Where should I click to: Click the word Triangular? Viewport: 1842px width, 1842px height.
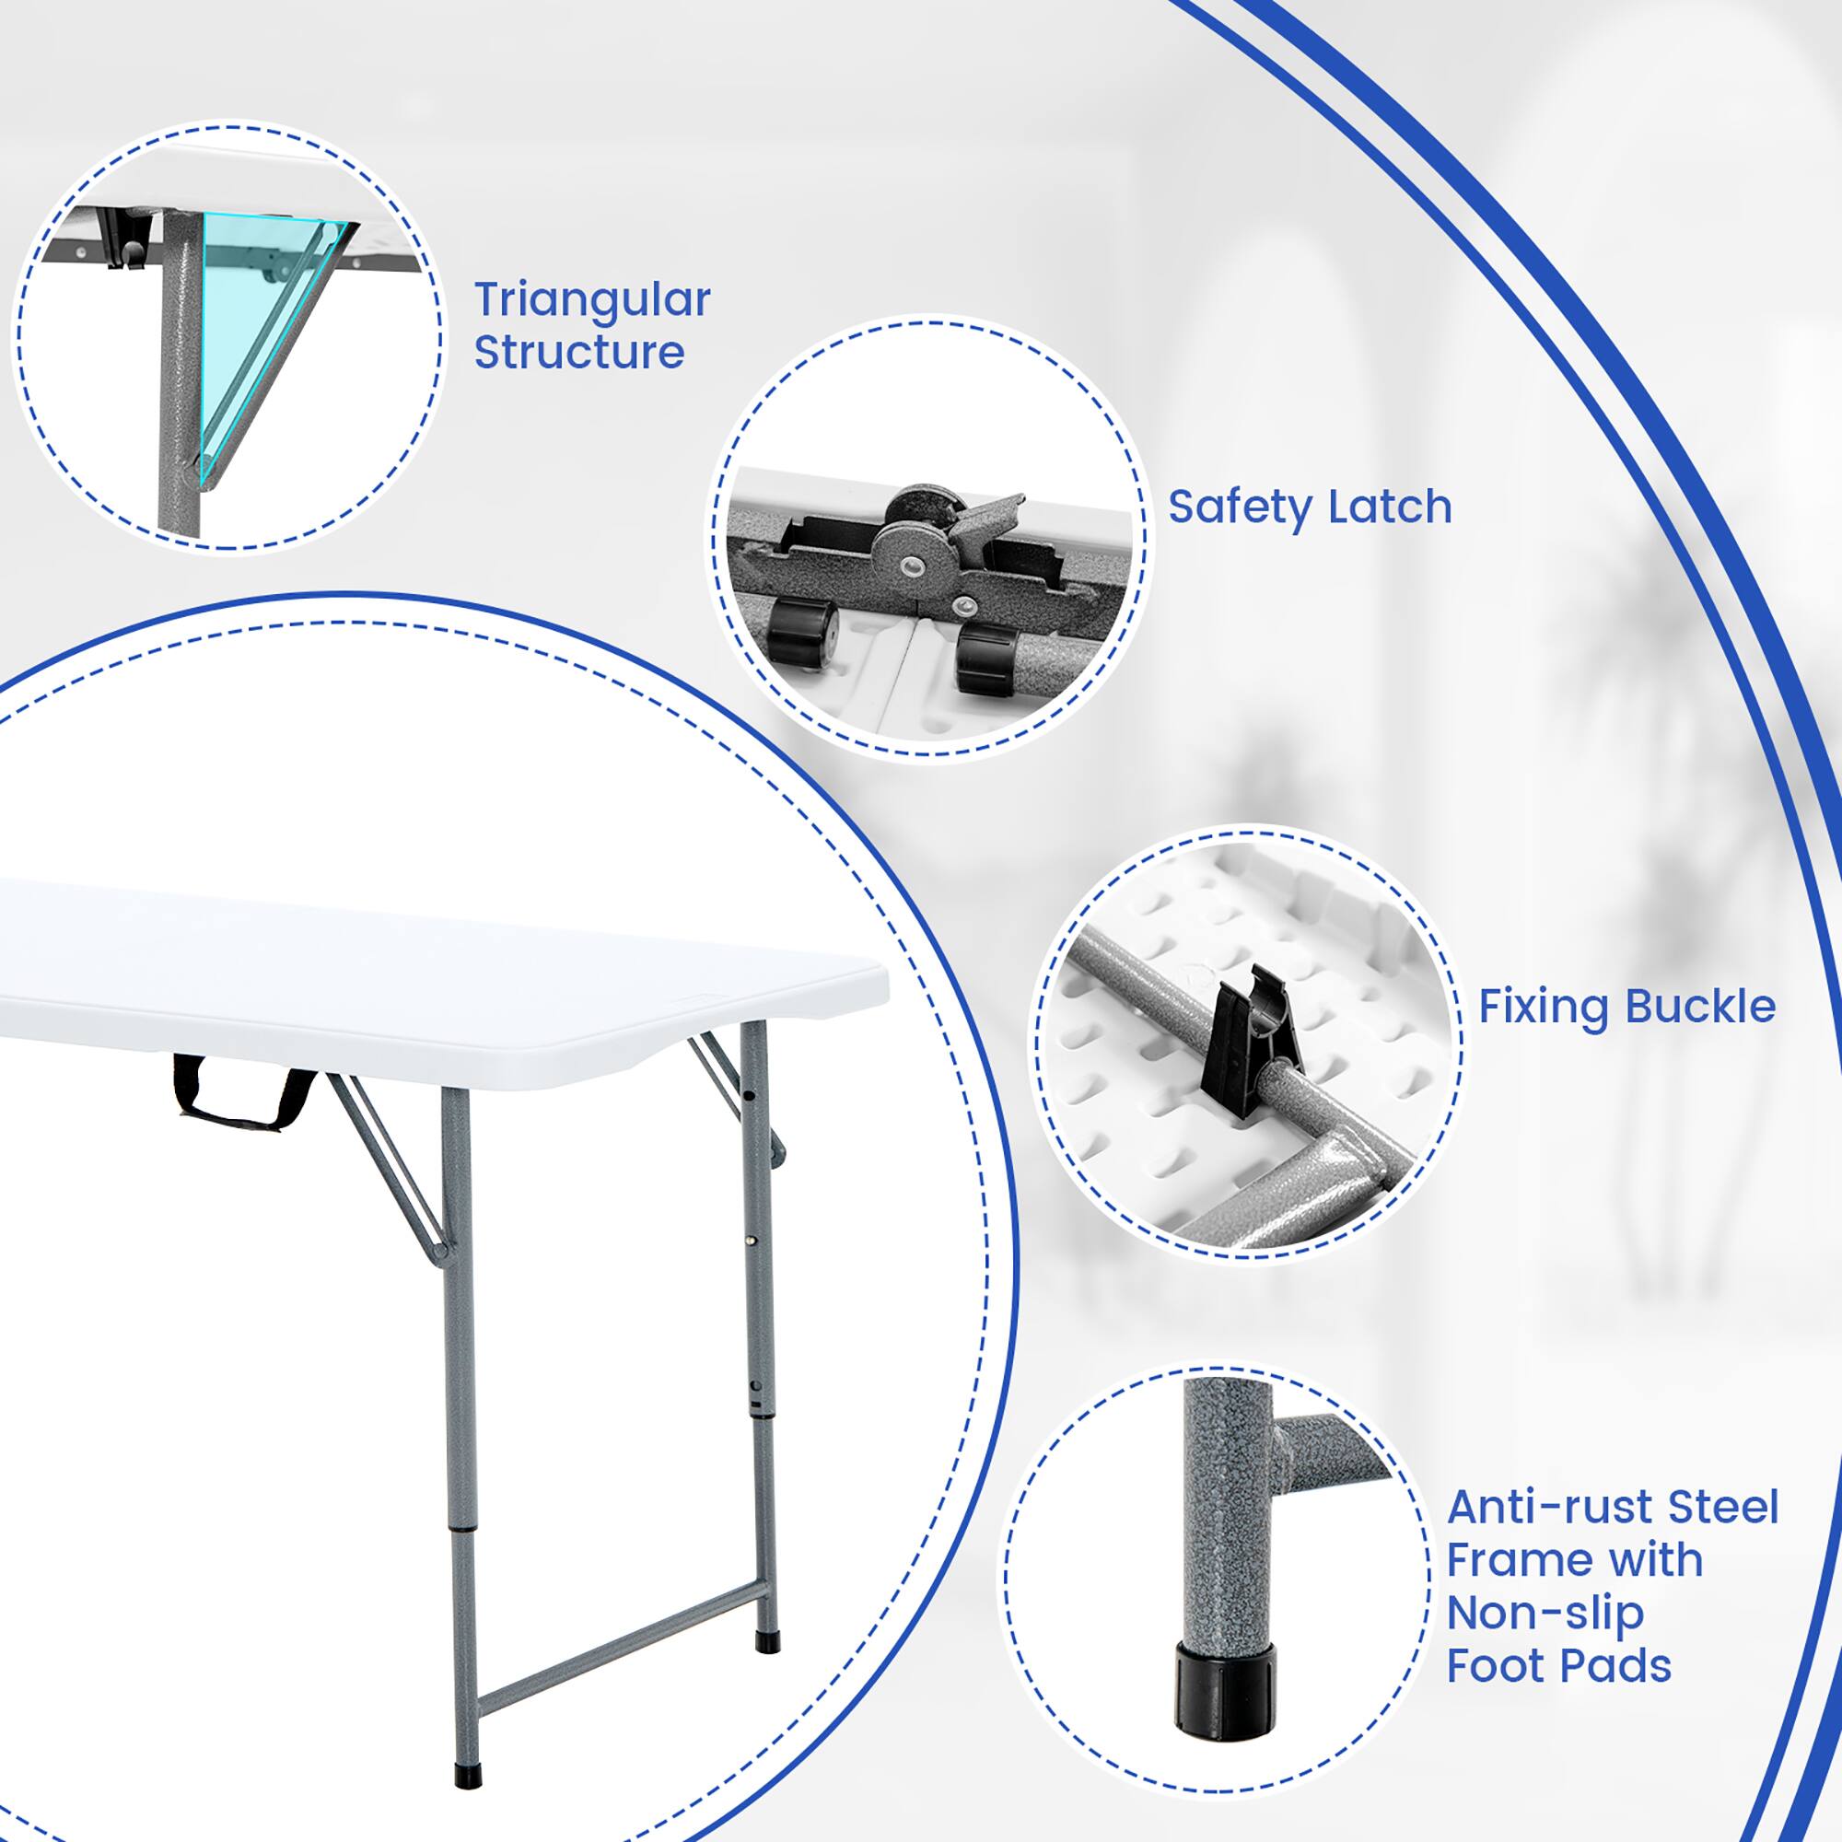point(592,301)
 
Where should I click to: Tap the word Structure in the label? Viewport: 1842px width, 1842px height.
point(578,352)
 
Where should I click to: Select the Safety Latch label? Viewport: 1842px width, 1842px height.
point(1309,507)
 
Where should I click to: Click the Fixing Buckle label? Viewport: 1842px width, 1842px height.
point(1626,1006)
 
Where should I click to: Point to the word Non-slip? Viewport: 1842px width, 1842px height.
point(1545,1614)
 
